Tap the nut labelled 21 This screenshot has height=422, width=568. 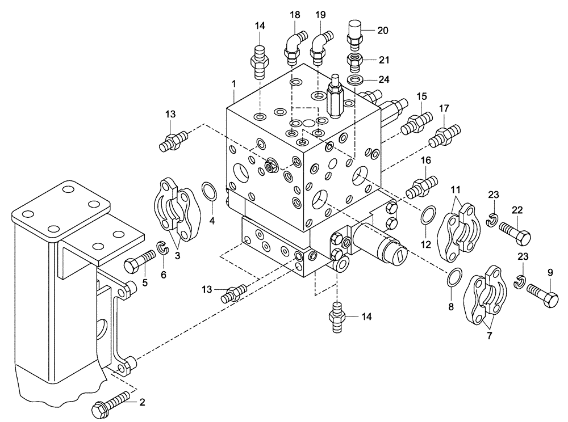pos(355,60)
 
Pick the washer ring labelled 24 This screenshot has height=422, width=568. pos(356,78)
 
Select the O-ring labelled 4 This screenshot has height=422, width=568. pos(208,191)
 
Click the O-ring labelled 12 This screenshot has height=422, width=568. pos(428,216)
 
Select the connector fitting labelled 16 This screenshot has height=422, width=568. pos(423,185)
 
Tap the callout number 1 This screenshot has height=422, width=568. pos(233,84)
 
